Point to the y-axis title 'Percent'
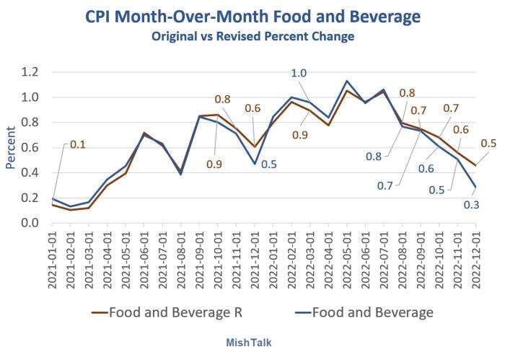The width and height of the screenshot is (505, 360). point(11,148)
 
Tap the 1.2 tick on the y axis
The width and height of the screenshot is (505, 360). point(29,72)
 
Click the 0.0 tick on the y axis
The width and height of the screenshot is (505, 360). point(29,223)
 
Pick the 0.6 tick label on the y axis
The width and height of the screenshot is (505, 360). point(29,148)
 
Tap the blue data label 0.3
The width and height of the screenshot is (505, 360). point(471,204)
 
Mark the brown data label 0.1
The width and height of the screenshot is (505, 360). point(77,144)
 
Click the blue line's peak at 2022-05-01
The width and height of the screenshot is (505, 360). point(347,81)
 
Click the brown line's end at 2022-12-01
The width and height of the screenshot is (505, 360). point(476,165)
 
